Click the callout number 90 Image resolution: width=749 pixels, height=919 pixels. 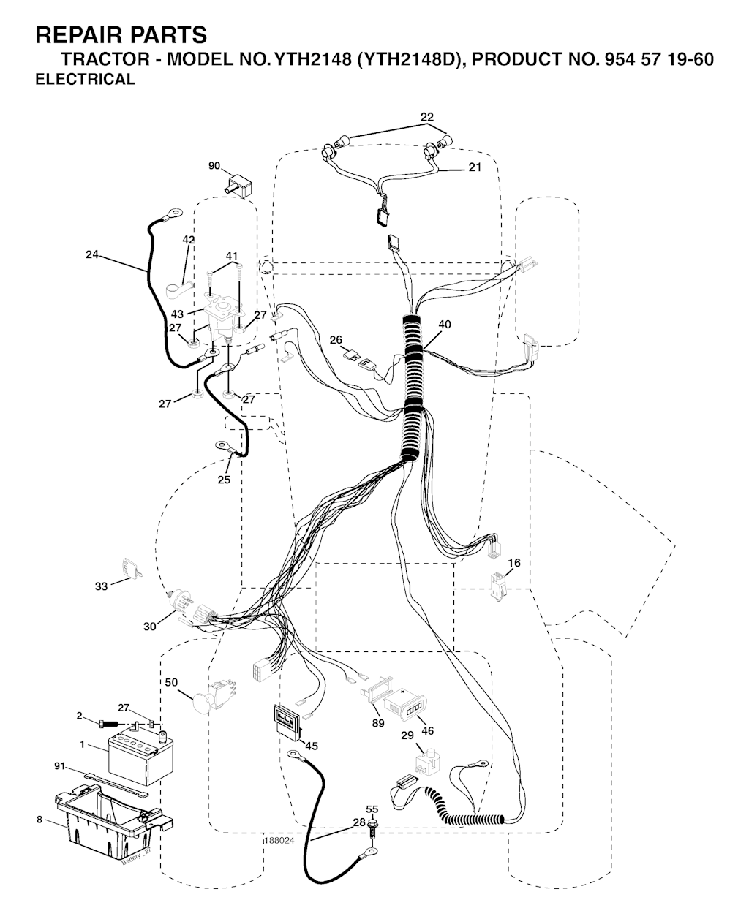tap(214, 166)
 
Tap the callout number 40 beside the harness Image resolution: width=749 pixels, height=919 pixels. tap(444, 324)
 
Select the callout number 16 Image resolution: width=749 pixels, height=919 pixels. tap(513, 563)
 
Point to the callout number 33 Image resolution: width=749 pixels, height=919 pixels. tap(101, 586)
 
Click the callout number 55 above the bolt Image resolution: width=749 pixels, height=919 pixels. tap(372, 809)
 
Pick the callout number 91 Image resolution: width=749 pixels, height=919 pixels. tap(59, 766)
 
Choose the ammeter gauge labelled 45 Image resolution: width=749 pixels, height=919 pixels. tap(287, 721)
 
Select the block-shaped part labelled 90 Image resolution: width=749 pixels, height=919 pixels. tap(241, 186)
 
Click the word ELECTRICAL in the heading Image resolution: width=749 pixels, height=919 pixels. tap(85, 80)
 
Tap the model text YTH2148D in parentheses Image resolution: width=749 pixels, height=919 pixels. tap(411, 59)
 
